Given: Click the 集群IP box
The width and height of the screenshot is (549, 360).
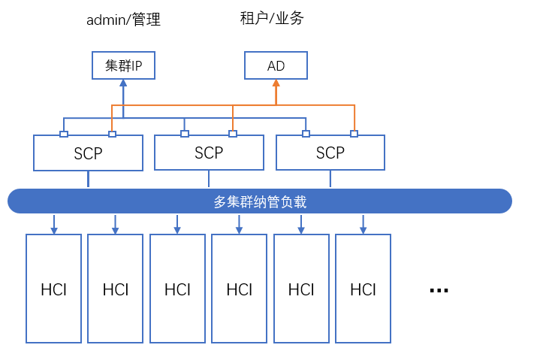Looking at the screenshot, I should click(x=123, y=65).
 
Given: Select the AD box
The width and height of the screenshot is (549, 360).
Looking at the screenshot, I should click(x=276, y=65).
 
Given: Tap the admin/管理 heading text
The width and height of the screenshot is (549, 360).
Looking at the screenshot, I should click(x=123, y=20).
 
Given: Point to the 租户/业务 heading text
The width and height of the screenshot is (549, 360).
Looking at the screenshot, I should click(x=272, y=18).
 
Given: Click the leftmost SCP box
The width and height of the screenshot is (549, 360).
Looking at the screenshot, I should click(x=88, y=153).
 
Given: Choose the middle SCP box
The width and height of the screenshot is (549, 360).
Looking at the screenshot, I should click(x=209, y=153).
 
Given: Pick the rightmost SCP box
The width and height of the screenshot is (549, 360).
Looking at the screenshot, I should click(x=330, y=153).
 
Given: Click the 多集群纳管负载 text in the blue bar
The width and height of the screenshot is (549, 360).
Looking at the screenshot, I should click(x=260, y=201).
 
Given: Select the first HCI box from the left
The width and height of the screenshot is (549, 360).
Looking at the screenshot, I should click(x=53, y=289).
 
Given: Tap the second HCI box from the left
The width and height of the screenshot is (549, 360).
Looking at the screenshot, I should click(x=116, y=289).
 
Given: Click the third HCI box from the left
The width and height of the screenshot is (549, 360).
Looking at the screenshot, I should click(x=177, y=289).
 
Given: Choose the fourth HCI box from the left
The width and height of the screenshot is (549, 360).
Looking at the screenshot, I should click(x=239, y=289).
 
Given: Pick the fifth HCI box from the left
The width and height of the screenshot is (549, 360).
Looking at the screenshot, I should click(x=301, y=289).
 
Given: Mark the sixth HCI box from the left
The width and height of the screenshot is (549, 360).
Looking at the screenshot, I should click(x=363, y=289).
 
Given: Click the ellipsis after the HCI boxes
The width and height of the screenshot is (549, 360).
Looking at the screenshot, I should click(x=439, y=289).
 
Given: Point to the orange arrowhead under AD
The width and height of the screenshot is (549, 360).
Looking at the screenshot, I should click(x=276, y=84).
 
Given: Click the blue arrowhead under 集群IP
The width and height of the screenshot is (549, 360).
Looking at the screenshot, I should click(x=123, y=84).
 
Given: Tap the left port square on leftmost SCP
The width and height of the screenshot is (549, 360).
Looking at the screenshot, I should click(x=64, y=134).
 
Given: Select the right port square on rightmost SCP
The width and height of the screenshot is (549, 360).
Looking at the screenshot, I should click(x=354, y=134).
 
